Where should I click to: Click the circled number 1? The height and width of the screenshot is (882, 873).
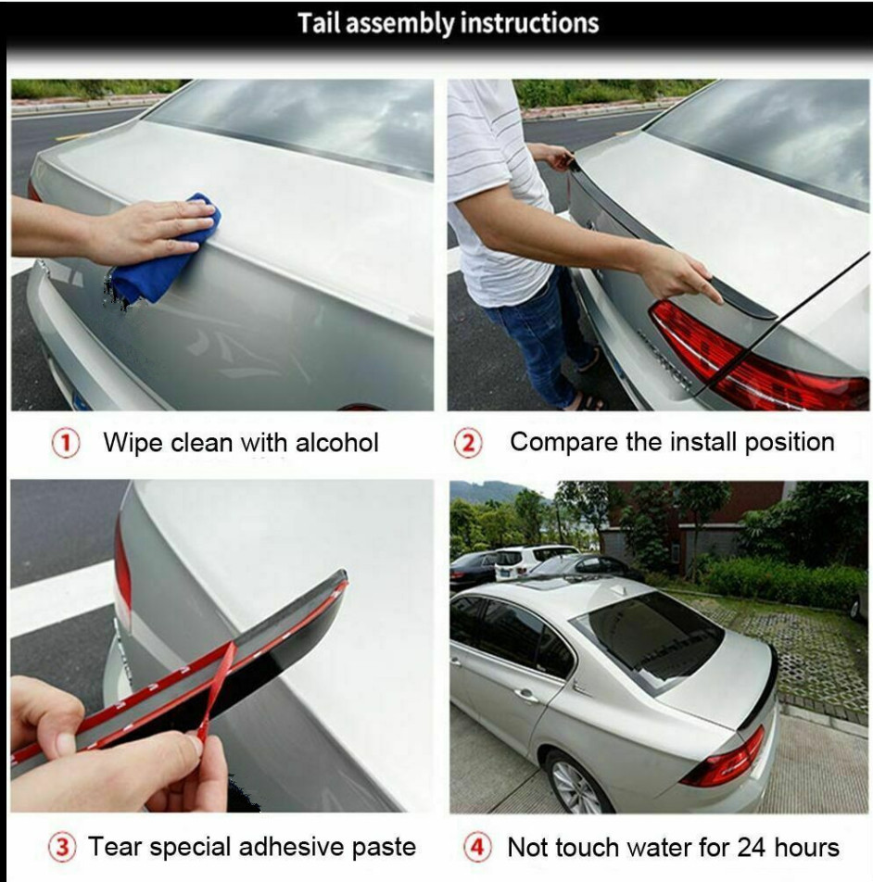pyautogui.click(x=66, y=443)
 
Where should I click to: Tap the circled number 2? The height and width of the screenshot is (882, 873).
pyautogui.click(x=469, y=443)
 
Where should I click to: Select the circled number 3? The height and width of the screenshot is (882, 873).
pyautogui.click(x=62, y=847)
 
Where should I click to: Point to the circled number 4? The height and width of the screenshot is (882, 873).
pyautogui.click(x=477, y=847)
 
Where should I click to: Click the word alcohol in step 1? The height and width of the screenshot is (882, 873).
pyautogui.click(x=337, y=443)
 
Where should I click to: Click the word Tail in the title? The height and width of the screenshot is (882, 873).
pyautogui.click(x=318, y=24)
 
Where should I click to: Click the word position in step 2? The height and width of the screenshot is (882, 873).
pyautogui.click(x=790, y=443)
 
